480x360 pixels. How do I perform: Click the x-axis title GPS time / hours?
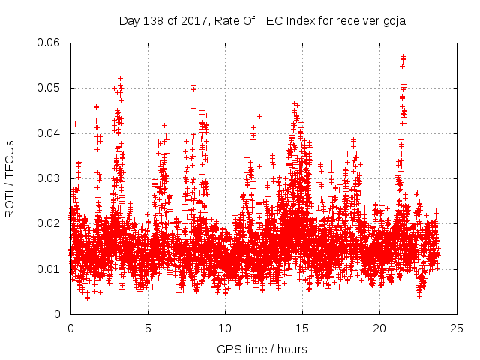point(262,349)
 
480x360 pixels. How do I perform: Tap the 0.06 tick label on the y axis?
point(49,43)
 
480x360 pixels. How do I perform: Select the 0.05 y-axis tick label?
point(49,88)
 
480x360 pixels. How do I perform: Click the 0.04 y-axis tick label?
point(49,133)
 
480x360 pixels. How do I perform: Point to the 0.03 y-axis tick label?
point(49,178)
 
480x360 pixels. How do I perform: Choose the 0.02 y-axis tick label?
point(49,223)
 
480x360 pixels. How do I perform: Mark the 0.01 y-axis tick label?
point(49,268)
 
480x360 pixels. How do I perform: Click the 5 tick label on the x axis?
point(148,328)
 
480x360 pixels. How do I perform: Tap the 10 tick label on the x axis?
point(225,328)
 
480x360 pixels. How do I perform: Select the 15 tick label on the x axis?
point(302,328)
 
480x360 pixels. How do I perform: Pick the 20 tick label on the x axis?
point(379,328)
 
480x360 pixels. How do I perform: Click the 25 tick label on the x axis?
point(457,328)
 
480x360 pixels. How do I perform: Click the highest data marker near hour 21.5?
point(403,56)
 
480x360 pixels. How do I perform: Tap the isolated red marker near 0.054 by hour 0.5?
point(79,70)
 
